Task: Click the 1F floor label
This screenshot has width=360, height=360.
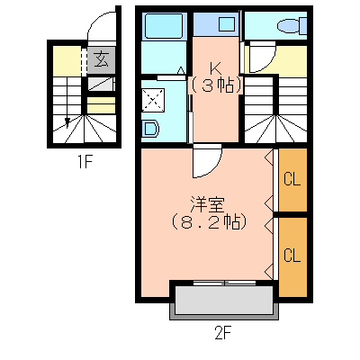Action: tap(85, 163)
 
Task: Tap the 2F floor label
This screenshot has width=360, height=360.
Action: tap(223, 332)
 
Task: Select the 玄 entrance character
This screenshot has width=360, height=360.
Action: tap(102, 59)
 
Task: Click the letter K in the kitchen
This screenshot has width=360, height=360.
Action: tap(215, 69)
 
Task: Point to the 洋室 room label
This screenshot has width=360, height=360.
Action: tap(207, 204)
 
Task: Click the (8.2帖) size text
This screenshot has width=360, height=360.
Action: tap(210, 222)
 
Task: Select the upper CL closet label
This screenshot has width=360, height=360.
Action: tap(292, 180)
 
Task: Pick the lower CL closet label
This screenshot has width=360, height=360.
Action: tap(292, 256)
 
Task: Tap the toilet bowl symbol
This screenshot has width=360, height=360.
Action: tap(292, 26)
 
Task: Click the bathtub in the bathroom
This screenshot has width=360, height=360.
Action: tap(164, 26)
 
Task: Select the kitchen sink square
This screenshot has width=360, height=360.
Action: tap(227, 24)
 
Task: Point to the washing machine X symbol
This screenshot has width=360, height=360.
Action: tap(153, 100)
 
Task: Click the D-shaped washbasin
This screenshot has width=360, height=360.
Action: tap(151, 129)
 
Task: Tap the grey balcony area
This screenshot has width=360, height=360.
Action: tap(224, 301)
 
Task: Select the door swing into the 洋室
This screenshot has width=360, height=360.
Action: tap(207, 161)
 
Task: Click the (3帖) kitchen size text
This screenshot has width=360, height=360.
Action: tap(216, 85)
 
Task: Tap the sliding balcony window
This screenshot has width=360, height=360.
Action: tap(225, 283)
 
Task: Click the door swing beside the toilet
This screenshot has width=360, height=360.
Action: tap(262, 57)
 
